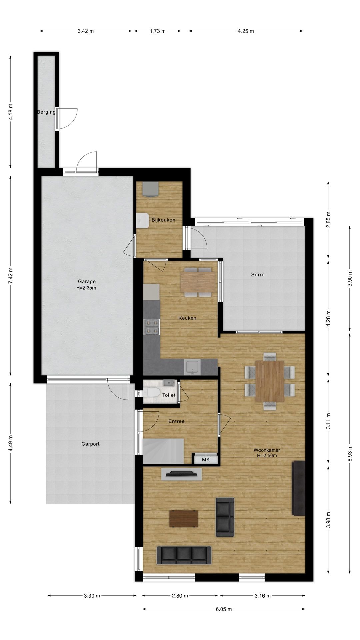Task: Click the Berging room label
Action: [46, 112]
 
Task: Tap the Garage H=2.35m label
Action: [87, 284]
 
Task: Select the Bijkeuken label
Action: [163, 220]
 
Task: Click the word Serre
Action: [258, 275]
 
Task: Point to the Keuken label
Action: [187, 318]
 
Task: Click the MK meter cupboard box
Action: [206, 459]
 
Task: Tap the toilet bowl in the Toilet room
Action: [151, 393]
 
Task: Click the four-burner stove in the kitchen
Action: [152, 327]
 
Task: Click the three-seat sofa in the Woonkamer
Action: [184, 555]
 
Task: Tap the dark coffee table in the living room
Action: [183, 519]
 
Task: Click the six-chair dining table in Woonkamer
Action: [270, 381]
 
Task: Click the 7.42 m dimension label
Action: [11, 276]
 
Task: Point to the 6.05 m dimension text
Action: [224, 609]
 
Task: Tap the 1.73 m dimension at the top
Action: [158, 31]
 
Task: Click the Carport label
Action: [90, 444]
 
